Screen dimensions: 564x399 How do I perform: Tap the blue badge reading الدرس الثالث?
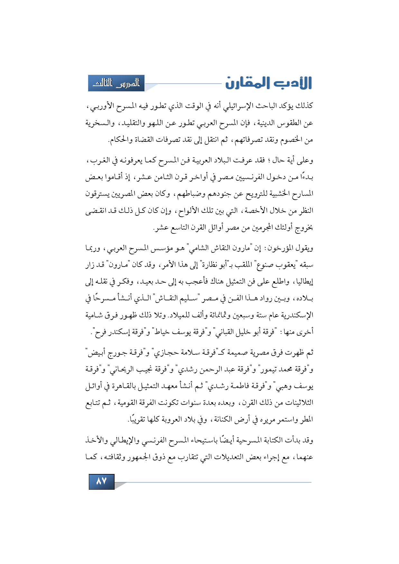[x=116, y=83]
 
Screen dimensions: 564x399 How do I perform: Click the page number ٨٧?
[x=101, y=481]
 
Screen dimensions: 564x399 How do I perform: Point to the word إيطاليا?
[x=303, y=282]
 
